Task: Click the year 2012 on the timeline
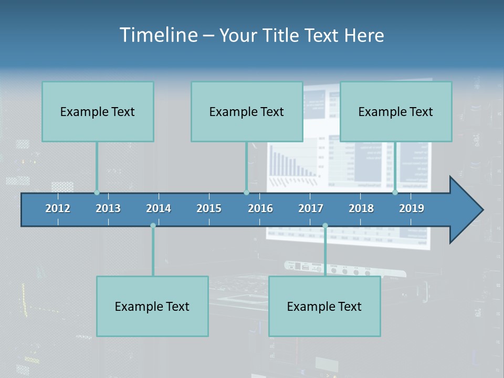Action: click(58, 208)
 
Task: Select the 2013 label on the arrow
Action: click(108, 208)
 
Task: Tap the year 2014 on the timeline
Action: click(159, 208)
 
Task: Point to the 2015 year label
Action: click(209, 208)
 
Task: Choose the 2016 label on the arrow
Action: click(260, 208)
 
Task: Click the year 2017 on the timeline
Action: click(311, 208)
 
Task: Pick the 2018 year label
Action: click(361, 208)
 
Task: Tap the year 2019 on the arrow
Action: click(412, 208)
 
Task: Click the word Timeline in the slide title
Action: click(159, 35)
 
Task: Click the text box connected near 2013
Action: click(98, 111)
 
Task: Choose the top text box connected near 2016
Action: click(247, 111)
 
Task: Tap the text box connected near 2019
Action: click(396, 111)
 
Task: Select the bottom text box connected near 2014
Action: click(152, 306)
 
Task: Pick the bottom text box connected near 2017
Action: click(324, 306)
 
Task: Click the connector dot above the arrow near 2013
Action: click(97, 193)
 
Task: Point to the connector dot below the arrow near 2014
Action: click(153, 226)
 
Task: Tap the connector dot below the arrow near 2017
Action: click(325, 226)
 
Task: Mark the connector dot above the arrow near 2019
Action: click(395, 193)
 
